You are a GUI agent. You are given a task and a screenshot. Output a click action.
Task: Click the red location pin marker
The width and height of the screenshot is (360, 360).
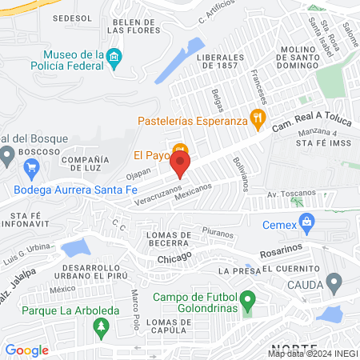point(181,166)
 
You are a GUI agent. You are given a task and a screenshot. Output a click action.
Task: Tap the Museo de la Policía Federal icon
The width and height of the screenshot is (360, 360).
point(114,56)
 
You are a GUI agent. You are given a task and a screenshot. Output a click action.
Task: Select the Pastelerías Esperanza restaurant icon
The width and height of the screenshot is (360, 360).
point(258,122)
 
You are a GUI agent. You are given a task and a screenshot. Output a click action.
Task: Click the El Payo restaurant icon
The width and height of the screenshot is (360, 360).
point(181,150)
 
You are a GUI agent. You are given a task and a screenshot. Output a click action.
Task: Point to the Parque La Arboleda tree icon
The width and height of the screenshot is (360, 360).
point(101,326)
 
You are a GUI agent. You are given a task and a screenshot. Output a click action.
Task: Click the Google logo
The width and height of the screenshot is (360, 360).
point(26,350)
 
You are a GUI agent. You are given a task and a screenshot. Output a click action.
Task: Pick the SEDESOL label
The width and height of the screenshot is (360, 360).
point(69,17)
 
